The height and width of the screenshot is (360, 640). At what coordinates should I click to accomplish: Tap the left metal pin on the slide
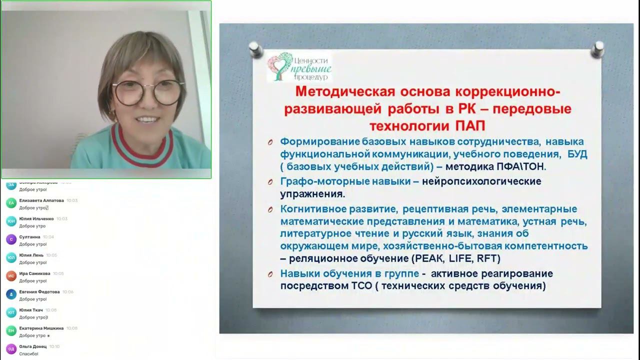pos(255,49)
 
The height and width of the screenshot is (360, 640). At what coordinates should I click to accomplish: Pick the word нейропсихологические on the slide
pos(481,181)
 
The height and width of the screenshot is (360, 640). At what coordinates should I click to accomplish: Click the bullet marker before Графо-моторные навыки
pos(270,182)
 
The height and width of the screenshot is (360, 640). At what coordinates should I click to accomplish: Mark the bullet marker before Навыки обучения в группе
pos(270,274)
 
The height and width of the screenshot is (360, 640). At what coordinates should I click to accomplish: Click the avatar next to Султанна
pos(11,239)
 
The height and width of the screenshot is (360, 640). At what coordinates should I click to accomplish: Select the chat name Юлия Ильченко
pos(36,218)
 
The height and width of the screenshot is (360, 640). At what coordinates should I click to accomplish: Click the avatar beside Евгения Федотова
pos(11,294)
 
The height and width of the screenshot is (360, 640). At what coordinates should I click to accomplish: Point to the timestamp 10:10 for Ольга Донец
pos(54,346)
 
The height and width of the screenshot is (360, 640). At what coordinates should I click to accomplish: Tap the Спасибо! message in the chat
pos(28,353)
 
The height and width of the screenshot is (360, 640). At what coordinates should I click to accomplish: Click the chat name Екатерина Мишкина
pos(41,328)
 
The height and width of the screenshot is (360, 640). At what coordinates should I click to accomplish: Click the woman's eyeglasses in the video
pos(148,92)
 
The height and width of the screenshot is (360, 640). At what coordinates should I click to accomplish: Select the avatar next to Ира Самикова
pos(11,276)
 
